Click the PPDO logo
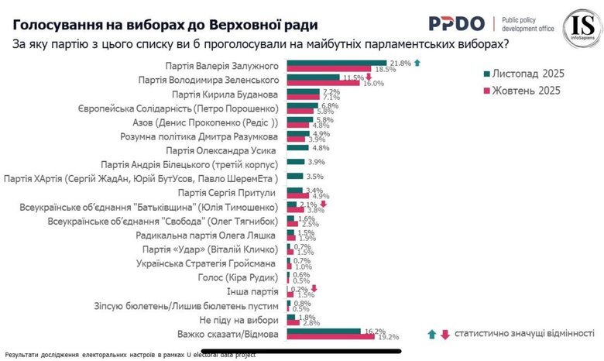click(x=456, y=23)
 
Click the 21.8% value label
click(x=400, y=62)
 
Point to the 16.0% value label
click(x=374, y=83)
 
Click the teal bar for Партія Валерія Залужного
click(x=337, y=63)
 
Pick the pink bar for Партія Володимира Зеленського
click(x=323, y=82)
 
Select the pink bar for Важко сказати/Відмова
click(x=331, y=337)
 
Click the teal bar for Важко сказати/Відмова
click(x=324, y=331)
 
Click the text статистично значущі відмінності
click(x=524, y=335)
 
